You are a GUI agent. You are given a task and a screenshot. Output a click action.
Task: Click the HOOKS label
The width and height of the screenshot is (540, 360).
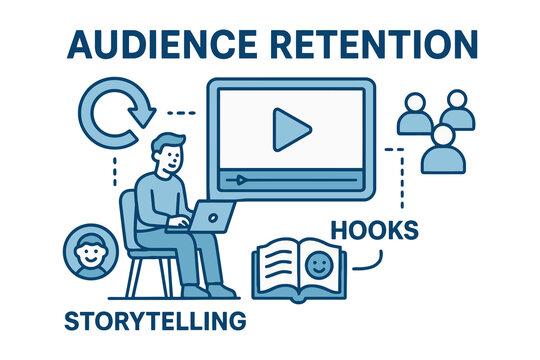click(x=377, y=229)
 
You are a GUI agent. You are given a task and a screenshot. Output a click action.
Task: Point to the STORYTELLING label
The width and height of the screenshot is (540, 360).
click(x=154, y=321)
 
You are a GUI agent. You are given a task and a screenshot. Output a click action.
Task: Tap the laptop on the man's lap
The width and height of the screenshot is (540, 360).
click(x=211, y=214)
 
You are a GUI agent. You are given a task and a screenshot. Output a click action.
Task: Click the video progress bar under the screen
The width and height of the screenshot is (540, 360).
click(x=291, y=180)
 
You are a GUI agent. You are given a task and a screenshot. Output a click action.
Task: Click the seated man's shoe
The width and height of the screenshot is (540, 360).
click(x=222, y=291)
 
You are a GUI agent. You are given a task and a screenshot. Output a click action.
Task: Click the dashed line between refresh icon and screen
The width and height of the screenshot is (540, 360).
click(x=181, y=110)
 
